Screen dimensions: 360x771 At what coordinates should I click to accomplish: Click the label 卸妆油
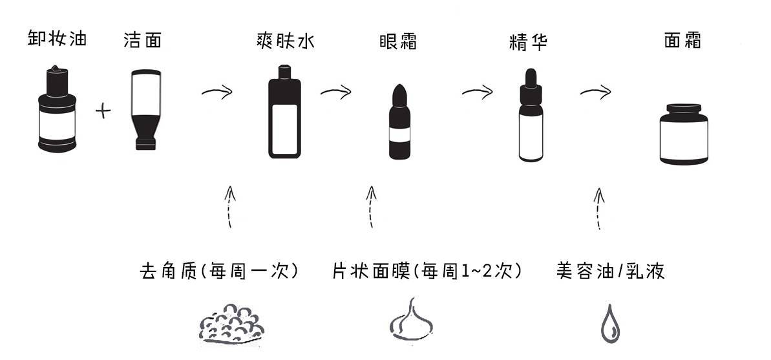[57, 39]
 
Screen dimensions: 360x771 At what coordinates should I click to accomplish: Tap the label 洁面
[142, 41]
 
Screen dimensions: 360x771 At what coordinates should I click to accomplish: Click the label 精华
[528, 42]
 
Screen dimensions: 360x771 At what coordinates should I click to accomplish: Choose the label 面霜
[682, 41]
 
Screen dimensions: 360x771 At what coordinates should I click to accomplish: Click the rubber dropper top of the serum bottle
[530, 76]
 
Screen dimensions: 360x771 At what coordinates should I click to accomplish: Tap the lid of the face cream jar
[683, 109]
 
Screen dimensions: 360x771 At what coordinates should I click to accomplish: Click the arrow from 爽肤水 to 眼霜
[335, 92]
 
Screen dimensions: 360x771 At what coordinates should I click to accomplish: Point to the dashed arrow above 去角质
[228, 206]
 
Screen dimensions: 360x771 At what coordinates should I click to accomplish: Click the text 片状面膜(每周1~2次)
[427, 271]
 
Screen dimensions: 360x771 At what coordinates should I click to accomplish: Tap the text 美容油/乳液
[611, 271]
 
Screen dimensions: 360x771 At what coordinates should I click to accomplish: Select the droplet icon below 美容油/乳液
[609, 323]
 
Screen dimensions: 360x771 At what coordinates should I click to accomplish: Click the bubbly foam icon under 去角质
[231, 321]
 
